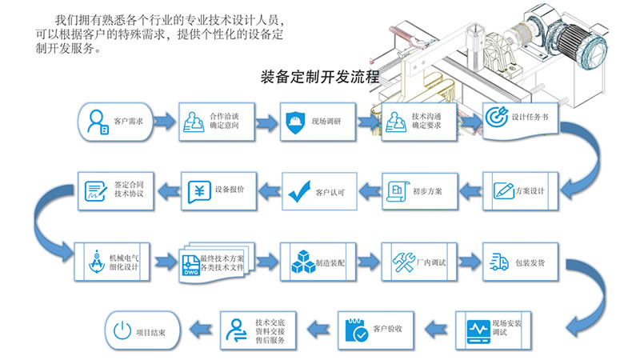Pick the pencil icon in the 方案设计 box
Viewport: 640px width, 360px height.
pyautogui.click(x=503, y=191)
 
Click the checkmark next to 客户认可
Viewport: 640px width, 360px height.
pyautogui.click(x=299, y=191)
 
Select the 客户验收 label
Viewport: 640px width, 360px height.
pyautogui.click(x=388, y=329)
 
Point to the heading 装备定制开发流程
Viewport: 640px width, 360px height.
pyautogui.click(x=320, y=79)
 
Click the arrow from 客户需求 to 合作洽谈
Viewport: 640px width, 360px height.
pyautogui.click(x=164, y=122)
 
